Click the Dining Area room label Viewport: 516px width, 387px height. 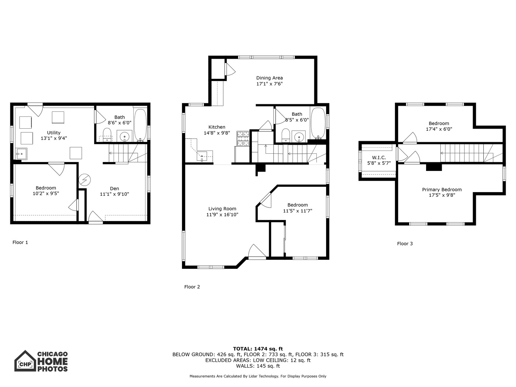tap(269, 78)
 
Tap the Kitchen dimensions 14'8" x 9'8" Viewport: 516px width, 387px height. tap(217, 133)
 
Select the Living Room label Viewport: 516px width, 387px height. tap(222, 209)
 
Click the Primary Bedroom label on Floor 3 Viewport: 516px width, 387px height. tap(442, 190)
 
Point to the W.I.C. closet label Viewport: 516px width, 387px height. tap(379, 158)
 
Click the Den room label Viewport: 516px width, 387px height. tap(114, 188)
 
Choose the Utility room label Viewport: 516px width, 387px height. tap(54, 133)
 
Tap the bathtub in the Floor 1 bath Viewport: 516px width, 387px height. tap(140, 124)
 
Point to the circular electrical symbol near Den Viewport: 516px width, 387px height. tap(85, 179)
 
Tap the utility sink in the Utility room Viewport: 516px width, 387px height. tap(21, 154)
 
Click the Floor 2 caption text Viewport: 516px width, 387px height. tap(192, 287)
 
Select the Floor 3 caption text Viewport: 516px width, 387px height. tap(405, 244)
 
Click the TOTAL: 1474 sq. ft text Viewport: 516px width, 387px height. tap(258, 349)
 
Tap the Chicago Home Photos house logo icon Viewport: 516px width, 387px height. tap(25, 361)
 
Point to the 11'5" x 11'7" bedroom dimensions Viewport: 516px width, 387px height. tap(297, 211)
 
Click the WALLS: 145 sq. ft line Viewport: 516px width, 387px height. tap(258, 366)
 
